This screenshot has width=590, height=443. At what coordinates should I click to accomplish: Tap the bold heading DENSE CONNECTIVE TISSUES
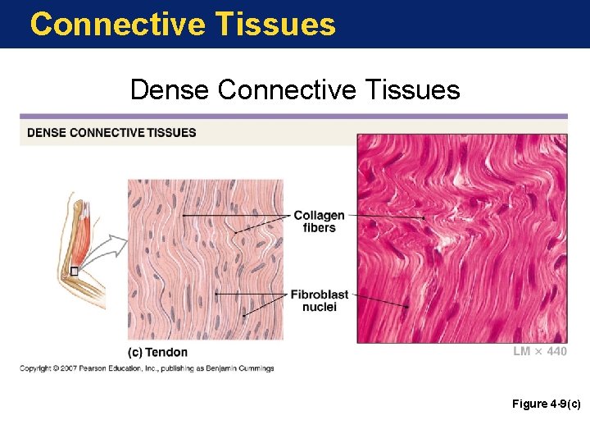pyautogui.click(x=111, y=132)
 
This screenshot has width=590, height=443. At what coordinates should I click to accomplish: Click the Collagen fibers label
pyautogui.click(x=319, y=221)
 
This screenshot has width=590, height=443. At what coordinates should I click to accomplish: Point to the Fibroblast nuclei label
pyautogui.click(x=319, y=300)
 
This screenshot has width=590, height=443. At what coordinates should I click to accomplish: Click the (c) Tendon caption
pyautogui.click(x=157, y=352)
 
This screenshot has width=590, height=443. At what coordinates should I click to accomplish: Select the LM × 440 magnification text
pyautogui.click(x=539, y=351)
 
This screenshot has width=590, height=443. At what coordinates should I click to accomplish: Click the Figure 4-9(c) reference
pyautogui.click(x=547, y=404)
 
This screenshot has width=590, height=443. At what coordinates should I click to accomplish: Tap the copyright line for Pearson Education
pyautogui.click(x=147, y=368)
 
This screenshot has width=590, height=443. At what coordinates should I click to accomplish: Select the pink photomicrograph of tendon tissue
pyautogui.click(x=461, y=238)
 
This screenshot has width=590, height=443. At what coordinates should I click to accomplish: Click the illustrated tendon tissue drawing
pyautogui.click(x=205, y=258)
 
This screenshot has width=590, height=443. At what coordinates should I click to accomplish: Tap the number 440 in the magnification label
pyautogui.click(x=556, y=351)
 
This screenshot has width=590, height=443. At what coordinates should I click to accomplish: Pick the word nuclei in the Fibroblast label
pyautogui.click(x=319, y=307)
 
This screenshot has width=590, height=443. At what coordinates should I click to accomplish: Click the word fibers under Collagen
pyautogui.click(x=319, y=228)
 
